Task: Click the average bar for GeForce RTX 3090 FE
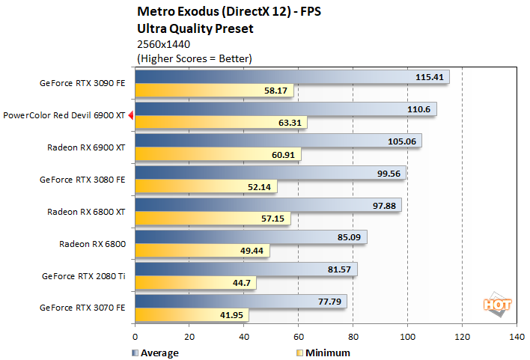pyautogui.click(x=291, y=76)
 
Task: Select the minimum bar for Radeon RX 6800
pyautogui.click(x=201, y=251)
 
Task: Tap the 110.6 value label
pyautogui.click(x=421, y=109)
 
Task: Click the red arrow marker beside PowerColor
pyautogui.click(x=131, y=115)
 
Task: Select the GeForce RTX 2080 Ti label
pyautogui.click(x=84, y=275)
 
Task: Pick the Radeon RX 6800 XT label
pyautogui.click(x=86, y=211)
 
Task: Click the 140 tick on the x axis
pyautogui.click(x=516, y=337)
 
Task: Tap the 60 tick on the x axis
pyautogui.click(x=298, y=337)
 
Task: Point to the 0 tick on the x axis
pyautogui.click(x=135, y=337)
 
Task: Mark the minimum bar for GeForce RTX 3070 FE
pyautogui.click(x=191, y=315)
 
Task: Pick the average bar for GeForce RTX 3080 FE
pyautogui.click(x=269, y=173)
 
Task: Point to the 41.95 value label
pyautogui.click(x=234, y=315)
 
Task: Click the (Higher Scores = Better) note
pyautogui.click(x=194, y=58)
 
